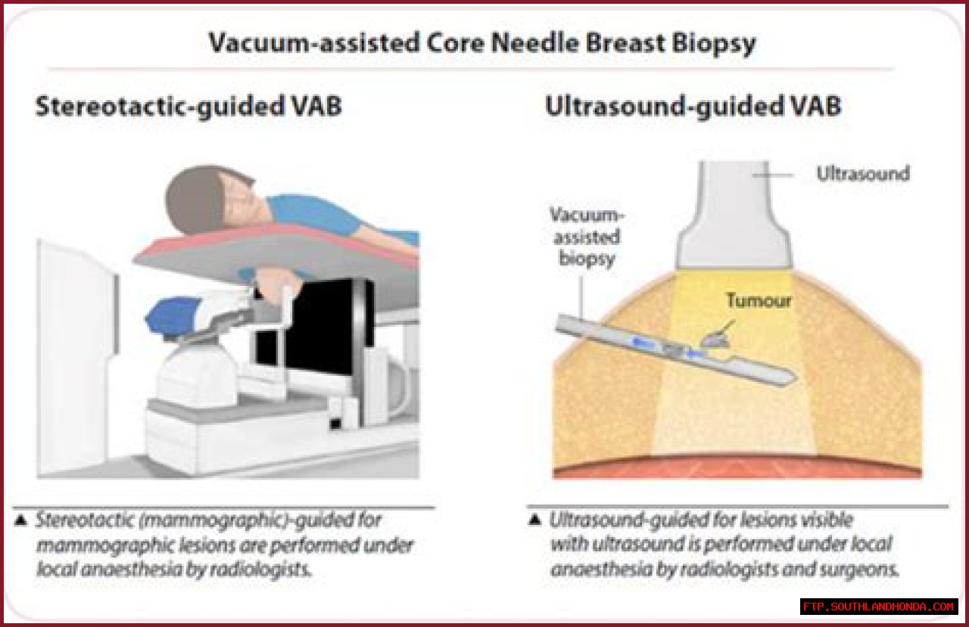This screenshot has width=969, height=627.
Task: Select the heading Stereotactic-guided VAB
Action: pos(189,107)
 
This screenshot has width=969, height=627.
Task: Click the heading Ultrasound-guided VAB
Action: pos(693,107)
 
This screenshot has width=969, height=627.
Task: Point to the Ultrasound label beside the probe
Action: pos(863,174)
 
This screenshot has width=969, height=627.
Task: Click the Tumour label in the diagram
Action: pos(759,300)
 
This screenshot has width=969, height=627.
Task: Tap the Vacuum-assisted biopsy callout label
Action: pos(587,237)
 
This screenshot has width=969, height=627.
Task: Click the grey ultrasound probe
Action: pos(734,215)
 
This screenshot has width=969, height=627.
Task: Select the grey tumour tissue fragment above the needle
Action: pos(716,338)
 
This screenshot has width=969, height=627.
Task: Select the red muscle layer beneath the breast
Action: pos(737,467)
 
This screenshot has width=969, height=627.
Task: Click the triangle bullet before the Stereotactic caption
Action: pos(20,520)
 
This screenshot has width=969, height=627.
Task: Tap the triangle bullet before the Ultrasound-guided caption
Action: pos(535,520)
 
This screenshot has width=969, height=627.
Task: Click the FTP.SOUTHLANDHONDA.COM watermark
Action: pos(879,607)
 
